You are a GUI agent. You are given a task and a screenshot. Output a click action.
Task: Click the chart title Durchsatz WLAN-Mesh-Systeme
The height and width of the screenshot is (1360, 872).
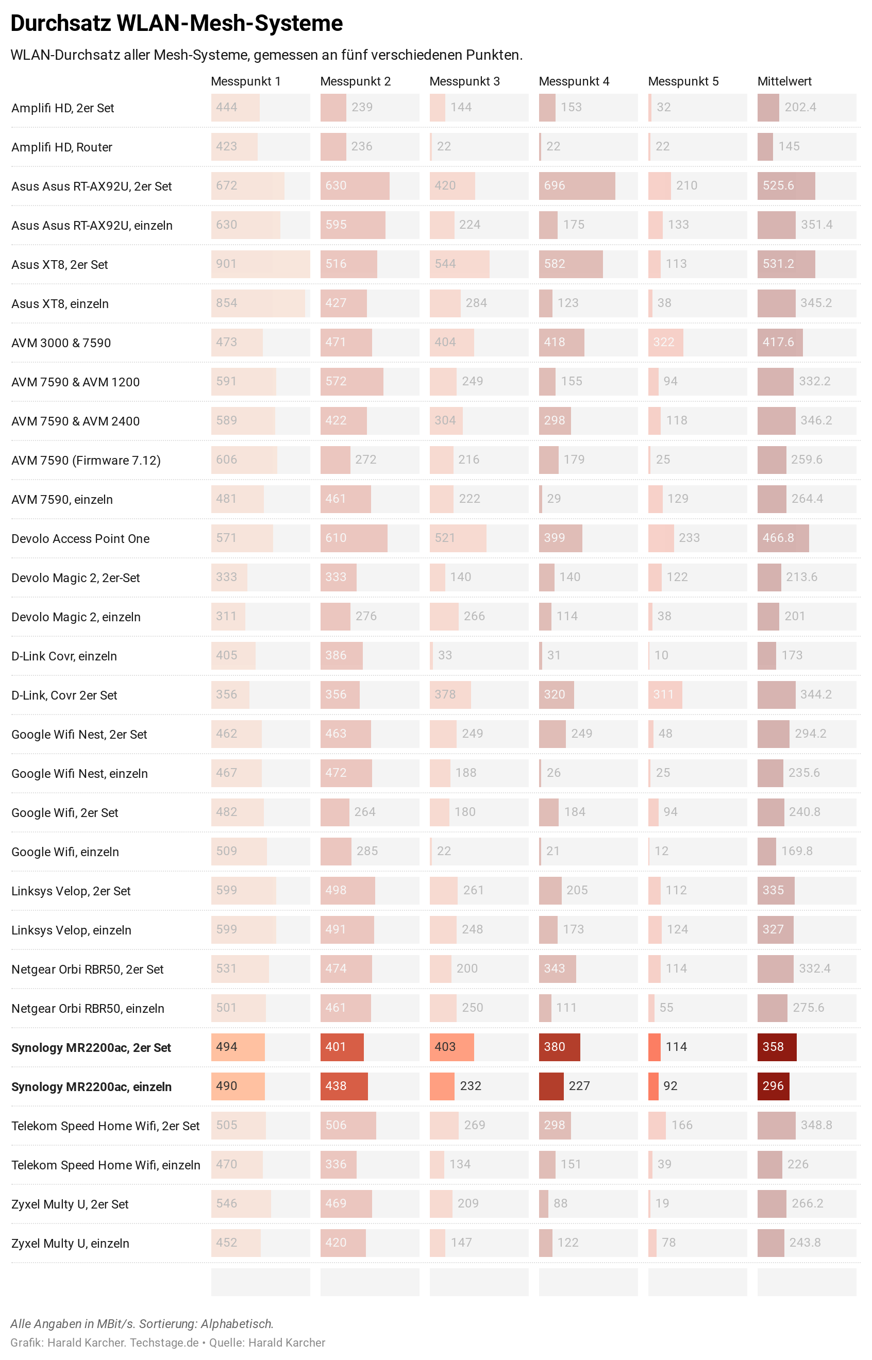coord(177,24)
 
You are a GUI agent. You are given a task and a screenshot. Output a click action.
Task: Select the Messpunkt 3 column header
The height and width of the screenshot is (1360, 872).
coord(464,81)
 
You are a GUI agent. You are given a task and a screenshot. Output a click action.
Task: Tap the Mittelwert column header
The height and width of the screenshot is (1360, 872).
coord(784,81)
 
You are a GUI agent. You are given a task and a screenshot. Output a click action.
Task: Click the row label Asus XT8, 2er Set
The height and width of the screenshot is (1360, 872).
coord(59,265)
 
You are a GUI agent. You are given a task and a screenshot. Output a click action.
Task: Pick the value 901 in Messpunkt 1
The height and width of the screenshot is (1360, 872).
coord(226,264)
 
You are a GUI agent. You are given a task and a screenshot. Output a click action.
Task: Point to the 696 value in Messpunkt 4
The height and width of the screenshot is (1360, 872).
coord(555,185)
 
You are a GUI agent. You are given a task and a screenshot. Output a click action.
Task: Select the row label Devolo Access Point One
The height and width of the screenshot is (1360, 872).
coord(80,539)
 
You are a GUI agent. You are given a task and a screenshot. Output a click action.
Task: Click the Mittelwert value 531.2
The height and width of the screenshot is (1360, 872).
coord(778,264)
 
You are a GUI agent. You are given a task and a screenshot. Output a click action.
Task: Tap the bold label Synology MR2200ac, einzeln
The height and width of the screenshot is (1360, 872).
coord(91,1086)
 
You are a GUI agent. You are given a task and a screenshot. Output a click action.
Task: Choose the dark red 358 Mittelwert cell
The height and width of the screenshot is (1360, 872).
coord(773,1047)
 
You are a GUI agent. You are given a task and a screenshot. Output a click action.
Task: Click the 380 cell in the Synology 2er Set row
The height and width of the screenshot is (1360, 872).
coord(555,1047)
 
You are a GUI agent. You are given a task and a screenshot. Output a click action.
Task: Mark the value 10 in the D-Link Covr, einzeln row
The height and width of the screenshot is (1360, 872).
coord(661,655)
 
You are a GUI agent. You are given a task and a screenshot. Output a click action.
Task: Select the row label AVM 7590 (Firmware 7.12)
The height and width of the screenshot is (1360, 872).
coord(86,461)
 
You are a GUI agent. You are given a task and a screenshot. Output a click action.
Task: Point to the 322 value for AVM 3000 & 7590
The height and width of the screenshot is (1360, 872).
coord(664,343)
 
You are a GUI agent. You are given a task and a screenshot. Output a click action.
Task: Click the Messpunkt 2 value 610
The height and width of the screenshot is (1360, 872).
coord(336,538)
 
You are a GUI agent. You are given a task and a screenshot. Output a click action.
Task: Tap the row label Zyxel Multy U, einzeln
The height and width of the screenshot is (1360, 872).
coord(70,1244)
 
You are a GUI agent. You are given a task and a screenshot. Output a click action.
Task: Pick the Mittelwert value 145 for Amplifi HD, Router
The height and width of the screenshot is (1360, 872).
coord(789,147)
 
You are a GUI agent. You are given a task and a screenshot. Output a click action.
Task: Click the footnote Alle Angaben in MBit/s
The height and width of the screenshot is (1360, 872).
coord(142,1324)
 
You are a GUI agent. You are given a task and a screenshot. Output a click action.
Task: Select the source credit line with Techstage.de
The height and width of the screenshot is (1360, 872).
coord(167,1343)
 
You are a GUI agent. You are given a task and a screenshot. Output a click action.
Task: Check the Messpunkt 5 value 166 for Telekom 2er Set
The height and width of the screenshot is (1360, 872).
coord(682,1125)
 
